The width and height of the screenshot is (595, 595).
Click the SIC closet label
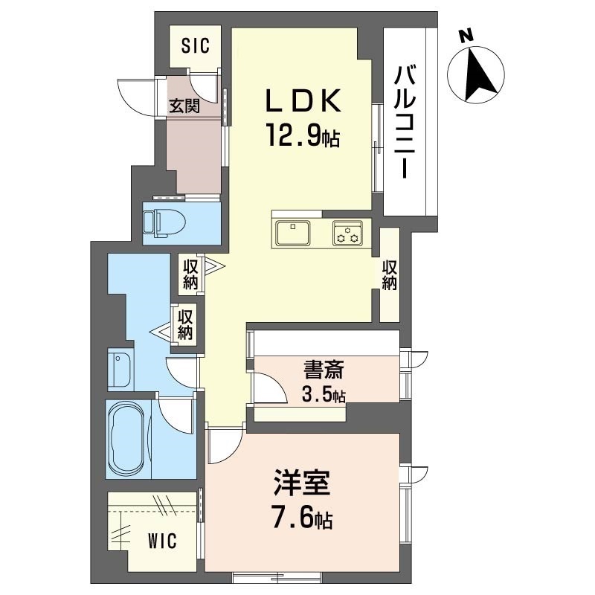click(196, 46)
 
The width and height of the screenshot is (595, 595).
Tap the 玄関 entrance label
click(184, 106)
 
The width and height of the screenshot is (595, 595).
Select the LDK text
click(303, 101)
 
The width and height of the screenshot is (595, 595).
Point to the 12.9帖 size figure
click(303, 135)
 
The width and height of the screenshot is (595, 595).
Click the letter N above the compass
click(466, 36)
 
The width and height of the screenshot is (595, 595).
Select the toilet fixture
click(164, 224)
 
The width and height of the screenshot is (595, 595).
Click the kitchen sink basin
click(293, 233)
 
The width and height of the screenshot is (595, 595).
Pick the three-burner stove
click(347, 233)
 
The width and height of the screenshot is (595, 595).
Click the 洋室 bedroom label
click(303, 482)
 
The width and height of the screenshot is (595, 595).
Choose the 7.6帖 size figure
click(303, 517)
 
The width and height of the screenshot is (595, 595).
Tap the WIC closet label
click(162, 541)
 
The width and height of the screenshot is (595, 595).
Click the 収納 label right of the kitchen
click(390, 275)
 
